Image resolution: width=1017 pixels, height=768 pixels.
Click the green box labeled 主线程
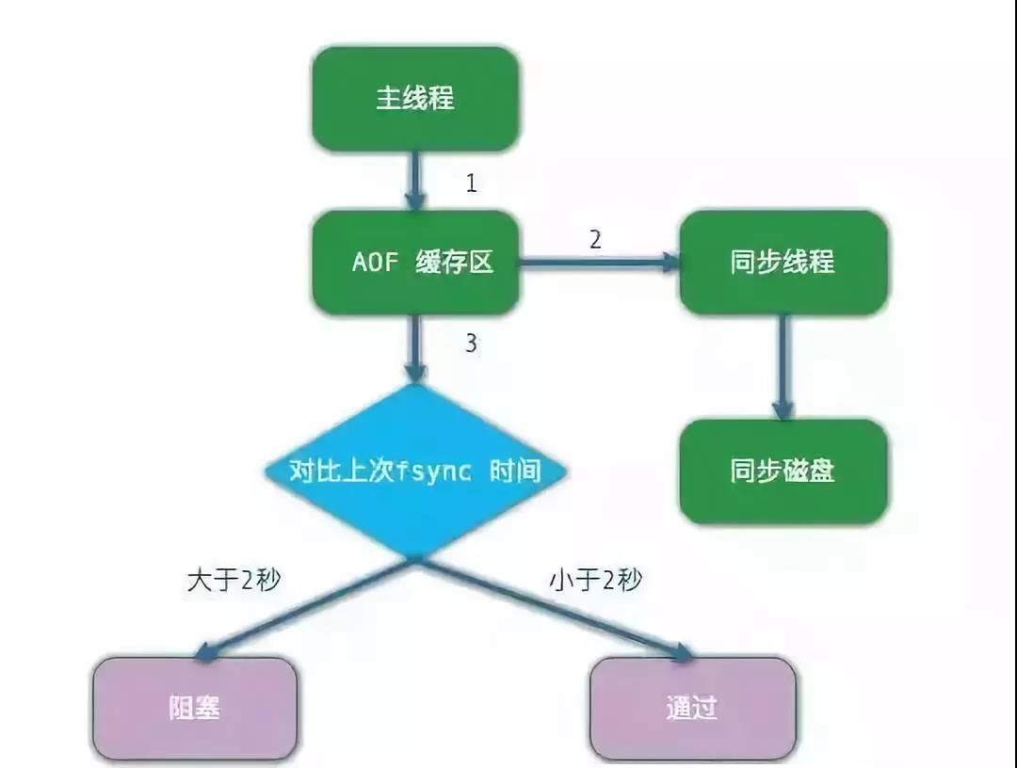(416, 99)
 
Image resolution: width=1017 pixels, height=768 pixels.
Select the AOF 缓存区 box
(416, 263)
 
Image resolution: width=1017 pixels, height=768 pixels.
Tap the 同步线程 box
(783, 263)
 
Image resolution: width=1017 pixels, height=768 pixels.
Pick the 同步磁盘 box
(783, 472)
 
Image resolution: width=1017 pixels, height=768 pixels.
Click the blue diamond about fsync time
(416, 472)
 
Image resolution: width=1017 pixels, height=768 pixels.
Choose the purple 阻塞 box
(195, 709)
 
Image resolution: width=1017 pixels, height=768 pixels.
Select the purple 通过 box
(692, 709)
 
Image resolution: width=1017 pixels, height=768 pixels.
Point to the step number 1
(472, 184)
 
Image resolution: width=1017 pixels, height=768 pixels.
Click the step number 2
(595, 240)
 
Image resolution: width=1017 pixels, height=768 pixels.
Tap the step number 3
(472, 343)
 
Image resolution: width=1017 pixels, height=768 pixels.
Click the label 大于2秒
(234, 580)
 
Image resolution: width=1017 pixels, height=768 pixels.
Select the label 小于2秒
(596, 580)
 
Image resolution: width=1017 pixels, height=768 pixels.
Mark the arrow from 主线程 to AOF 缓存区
(415, 182)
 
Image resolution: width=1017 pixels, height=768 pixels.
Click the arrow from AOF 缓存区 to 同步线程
(600, 263)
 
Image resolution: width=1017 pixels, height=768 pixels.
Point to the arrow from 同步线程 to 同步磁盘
(783, 367)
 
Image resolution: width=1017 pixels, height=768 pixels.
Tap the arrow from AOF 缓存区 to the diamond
(415, 348)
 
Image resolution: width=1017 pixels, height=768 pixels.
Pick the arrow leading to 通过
(555, 610)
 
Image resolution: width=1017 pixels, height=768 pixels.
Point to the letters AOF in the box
(375, 263)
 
